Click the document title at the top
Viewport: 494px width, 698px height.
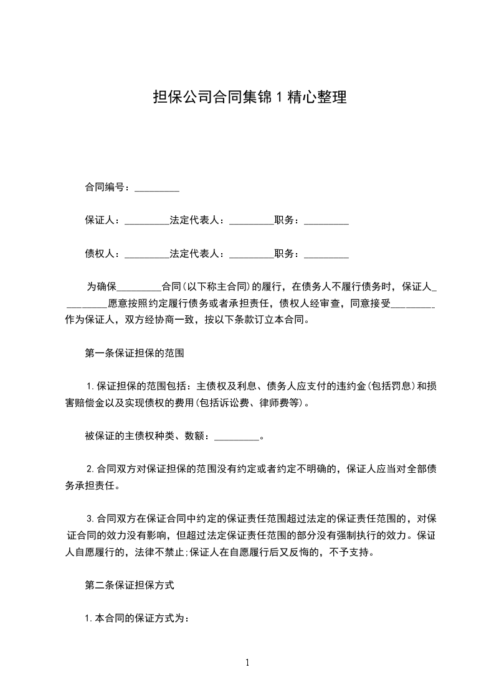(x=249, y=97)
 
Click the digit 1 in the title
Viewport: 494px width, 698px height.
(x=280, y=98)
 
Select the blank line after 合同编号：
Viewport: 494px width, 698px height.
(x=157, y=187)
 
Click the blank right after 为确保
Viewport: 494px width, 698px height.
(x=139, y=287)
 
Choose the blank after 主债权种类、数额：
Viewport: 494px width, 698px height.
(x=236, y=437)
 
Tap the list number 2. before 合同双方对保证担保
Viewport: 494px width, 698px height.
(x=90, y=468)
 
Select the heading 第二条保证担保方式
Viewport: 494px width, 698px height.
(x=129, y=585)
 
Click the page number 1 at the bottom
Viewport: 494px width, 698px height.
(x=247, y=663)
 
